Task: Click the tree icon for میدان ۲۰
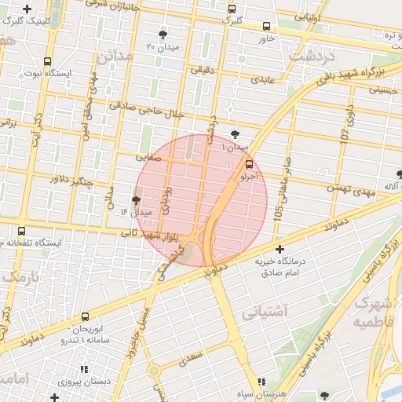point(163,35)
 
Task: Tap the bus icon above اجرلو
point(250,164)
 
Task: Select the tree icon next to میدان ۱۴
point(137,201)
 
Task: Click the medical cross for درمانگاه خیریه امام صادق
point(279,249)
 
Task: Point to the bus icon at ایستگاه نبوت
point(48,61)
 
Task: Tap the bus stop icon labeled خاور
point(267,25)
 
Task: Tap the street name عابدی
point(262,79)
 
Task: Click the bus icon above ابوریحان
point(85,318)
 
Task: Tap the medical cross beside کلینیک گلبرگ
point(27,10)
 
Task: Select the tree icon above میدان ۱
point(236,134)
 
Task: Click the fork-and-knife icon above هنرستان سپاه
point(261,381)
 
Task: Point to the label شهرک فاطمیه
point(372,312)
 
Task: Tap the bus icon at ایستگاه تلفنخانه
point(21,232)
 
